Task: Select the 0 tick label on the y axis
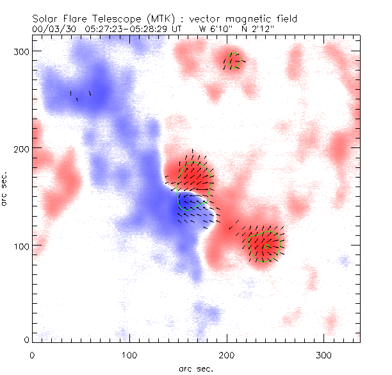(26, 339)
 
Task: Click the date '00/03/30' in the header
(49, 29)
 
